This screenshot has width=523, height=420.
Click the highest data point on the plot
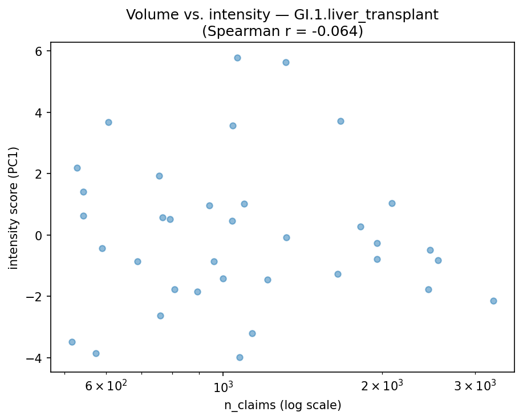(x=237, y=58)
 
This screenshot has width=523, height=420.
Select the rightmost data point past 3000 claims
(x=493, y=301)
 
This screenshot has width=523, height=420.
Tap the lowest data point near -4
(x=240, y=357)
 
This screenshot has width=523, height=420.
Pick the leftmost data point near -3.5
(x=72, y=342)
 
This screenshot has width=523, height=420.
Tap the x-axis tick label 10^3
(x=223, y=386)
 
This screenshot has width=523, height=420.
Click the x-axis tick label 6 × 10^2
(x=107, y=386)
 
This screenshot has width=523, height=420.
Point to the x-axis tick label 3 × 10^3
(x=475, y=386)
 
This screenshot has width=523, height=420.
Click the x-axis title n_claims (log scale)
(x=282, y=406)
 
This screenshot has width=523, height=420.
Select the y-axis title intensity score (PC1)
(x=14, y=208)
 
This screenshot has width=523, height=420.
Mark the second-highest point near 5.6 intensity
(x=286, y=62)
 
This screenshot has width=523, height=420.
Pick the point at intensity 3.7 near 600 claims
(x=108, y=122)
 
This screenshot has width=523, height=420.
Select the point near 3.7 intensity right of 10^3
(x=340, y=121)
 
